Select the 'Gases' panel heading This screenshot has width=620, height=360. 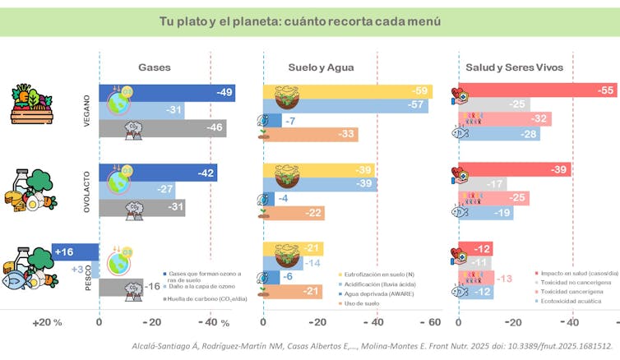[155, 67]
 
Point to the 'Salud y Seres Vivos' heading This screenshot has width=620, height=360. [514, 67]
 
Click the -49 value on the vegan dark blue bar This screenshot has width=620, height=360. [224, 93]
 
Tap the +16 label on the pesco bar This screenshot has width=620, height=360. [64, 252]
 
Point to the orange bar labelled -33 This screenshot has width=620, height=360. [310, 134]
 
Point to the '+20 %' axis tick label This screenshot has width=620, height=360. [47, 322]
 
